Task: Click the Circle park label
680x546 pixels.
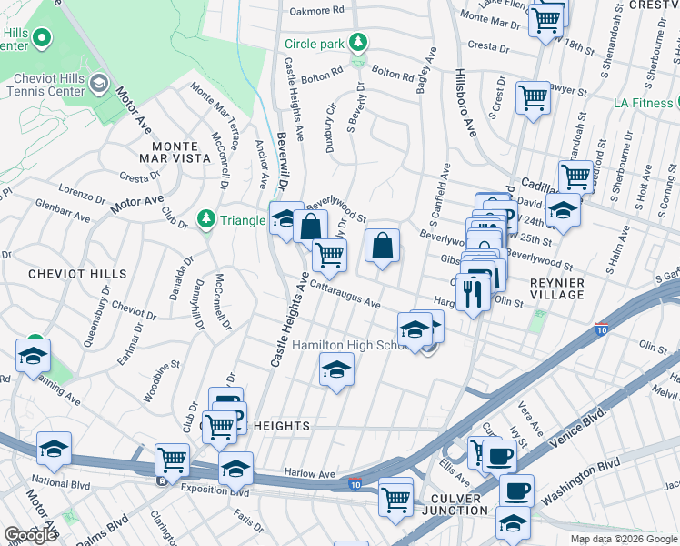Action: click(x=315, y=44)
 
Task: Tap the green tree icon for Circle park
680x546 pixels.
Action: click(x=360, y=42)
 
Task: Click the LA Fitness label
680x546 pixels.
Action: click(x=642, y=103)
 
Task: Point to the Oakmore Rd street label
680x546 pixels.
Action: click(x=317, y=11)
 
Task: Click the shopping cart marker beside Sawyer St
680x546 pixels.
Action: click(x=533, y=96)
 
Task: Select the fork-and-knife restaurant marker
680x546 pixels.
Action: click(x=471, y=293)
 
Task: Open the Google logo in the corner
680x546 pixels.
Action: click(x=30, y=535)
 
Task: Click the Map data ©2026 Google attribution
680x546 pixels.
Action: click(x=624, y=539)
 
